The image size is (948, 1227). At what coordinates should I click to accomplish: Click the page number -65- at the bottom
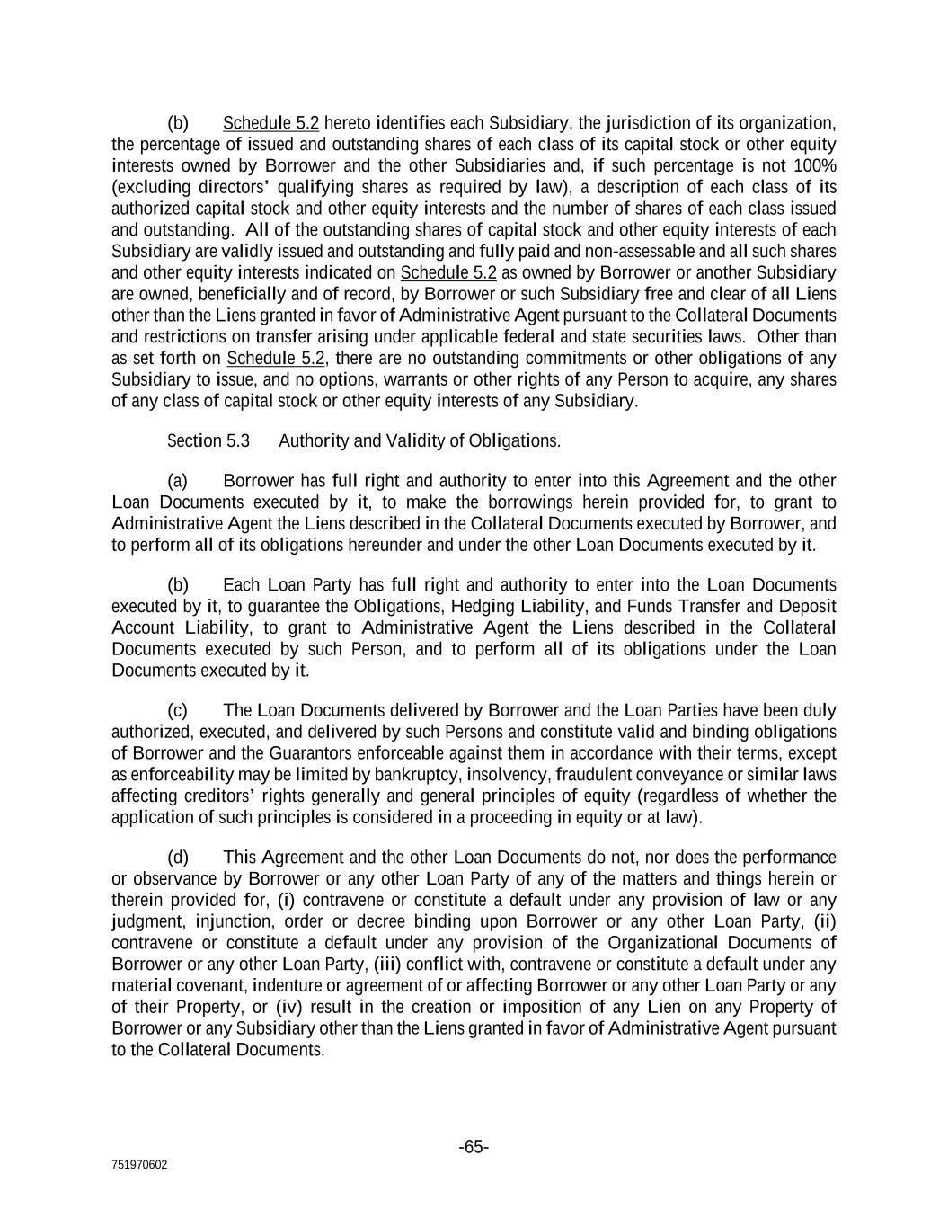[x=474, y=1147]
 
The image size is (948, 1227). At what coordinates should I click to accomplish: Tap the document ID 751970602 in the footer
[x=139, y=1165]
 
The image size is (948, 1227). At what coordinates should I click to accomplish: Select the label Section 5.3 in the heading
[x=208, y=440]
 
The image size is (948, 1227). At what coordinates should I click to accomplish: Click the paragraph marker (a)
[x=178, y=481]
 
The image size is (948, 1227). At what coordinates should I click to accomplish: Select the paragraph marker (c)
[x=178, y=710]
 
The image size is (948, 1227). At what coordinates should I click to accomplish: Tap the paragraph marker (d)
[x=178, y=858]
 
